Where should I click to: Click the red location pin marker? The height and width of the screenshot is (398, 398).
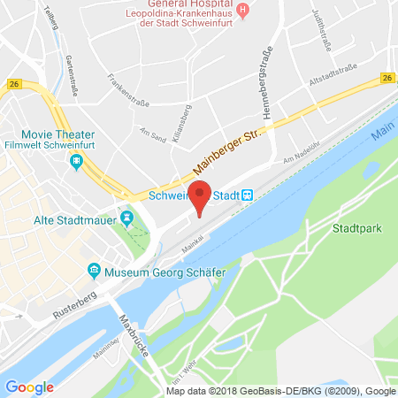pyautogui.click(x=202, y=195)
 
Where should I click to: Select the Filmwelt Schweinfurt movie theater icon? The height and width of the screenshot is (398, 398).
pyautogui.click(x=77, y=161)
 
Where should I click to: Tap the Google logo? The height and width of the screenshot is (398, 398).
pyautogui.click(x=29, y=387)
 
